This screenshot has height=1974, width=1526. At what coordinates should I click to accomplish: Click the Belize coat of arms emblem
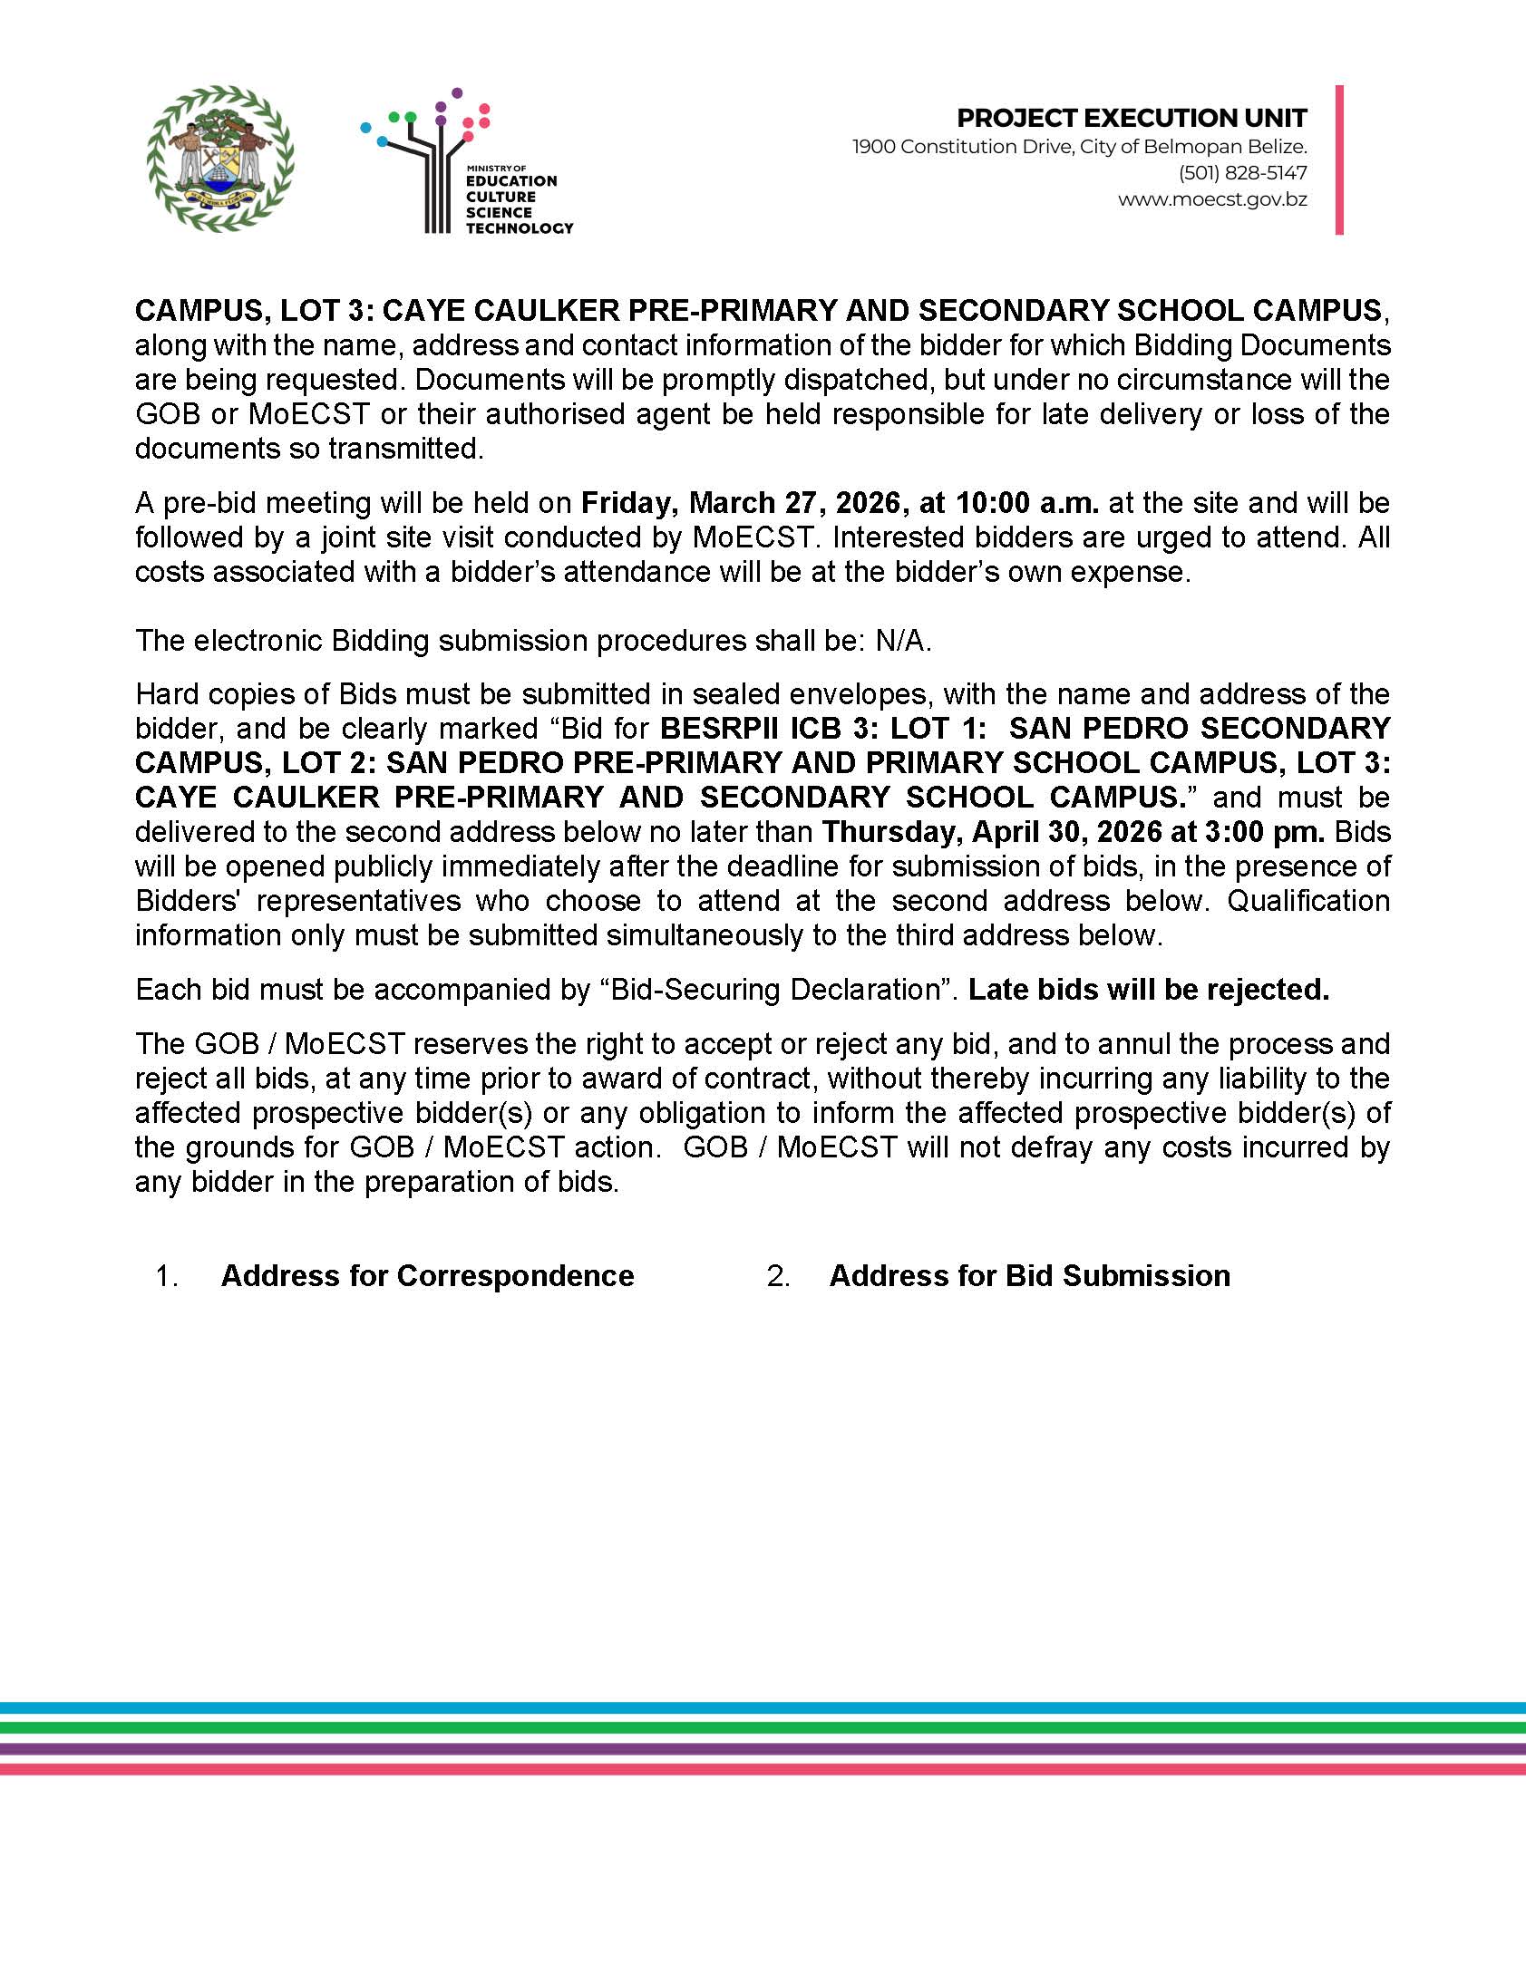[220, 159]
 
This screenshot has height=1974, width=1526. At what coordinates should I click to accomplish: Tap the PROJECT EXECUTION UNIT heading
[1132, 118]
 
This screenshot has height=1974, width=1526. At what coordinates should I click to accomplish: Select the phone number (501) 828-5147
[1242, 172]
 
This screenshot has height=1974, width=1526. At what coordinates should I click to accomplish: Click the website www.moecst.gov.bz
[1212, 199]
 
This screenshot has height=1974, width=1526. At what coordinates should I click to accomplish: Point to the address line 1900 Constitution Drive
[1079, 146]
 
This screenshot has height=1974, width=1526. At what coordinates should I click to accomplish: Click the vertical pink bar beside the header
[1339, 160]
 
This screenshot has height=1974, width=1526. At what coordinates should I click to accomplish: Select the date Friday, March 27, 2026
[742, 503]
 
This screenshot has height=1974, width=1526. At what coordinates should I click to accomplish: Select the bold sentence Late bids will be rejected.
[1148, 990]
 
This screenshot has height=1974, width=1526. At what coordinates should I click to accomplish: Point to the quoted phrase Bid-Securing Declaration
[775, 990]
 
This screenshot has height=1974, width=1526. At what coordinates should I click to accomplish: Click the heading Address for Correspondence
[427, 1276]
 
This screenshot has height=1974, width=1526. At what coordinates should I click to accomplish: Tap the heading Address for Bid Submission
[1029, 1276]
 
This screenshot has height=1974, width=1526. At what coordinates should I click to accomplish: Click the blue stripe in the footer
[763, 1708]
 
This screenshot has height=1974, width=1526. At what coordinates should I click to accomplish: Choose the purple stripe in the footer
[763, 1748]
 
